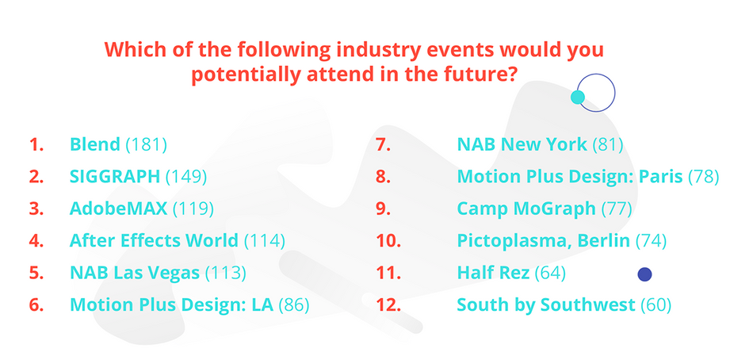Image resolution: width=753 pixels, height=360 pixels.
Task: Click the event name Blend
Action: [95, 145]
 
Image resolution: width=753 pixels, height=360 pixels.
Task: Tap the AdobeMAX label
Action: [118, 209]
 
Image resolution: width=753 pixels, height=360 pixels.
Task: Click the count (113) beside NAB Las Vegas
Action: [226, 273]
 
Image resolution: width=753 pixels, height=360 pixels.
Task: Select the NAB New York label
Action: [522, 145]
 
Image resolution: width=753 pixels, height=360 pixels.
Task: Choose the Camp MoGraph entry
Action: [526, 209]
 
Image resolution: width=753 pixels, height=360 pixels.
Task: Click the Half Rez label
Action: [493, 273]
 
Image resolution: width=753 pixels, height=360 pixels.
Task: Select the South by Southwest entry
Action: [546, 304]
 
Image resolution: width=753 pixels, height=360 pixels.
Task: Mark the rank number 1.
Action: [35, 145]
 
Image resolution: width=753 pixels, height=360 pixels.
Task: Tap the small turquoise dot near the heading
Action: [578, 97]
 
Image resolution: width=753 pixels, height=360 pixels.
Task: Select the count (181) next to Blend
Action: [147, 145]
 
